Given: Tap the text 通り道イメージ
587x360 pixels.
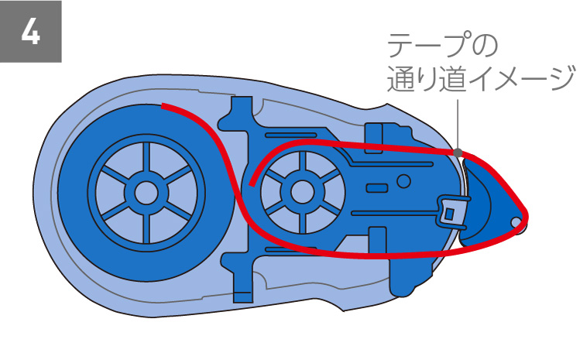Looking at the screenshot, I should click(x=480, y=78).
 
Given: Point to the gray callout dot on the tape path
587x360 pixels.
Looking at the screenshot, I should click(x=458, y=152).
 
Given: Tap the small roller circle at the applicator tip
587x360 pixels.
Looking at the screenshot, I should click(x=517, y=223).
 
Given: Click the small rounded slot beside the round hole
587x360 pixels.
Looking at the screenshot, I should click(x=376, y=188).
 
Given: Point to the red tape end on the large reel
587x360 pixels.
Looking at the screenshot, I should click(x=164, y=105).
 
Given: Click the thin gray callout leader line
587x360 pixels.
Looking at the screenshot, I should click(x=458, y=124).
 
